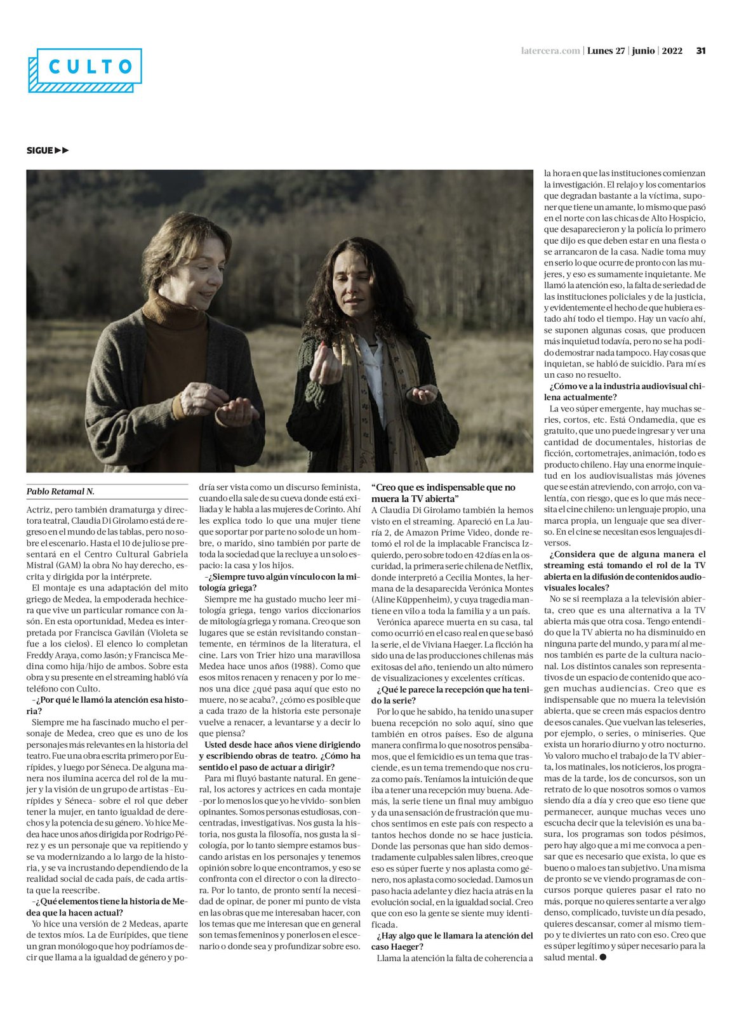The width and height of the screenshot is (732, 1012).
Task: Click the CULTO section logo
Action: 85,69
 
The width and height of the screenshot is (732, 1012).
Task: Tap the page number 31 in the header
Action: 701,51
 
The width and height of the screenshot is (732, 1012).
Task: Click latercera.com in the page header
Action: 550,51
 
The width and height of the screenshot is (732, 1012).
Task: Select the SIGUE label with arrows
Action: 48,150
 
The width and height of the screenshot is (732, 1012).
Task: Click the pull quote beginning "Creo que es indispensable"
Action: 443,493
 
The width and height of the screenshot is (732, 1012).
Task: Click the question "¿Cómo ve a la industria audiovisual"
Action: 625,392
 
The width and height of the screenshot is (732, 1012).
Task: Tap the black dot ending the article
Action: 603,957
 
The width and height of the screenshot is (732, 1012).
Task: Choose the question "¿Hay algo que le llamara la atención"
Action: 452,941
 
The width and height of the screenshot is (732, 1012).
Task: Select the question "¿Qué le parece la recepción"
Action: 452,695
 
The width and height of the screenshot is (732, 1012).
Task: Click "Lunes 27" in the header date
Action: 606,51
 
